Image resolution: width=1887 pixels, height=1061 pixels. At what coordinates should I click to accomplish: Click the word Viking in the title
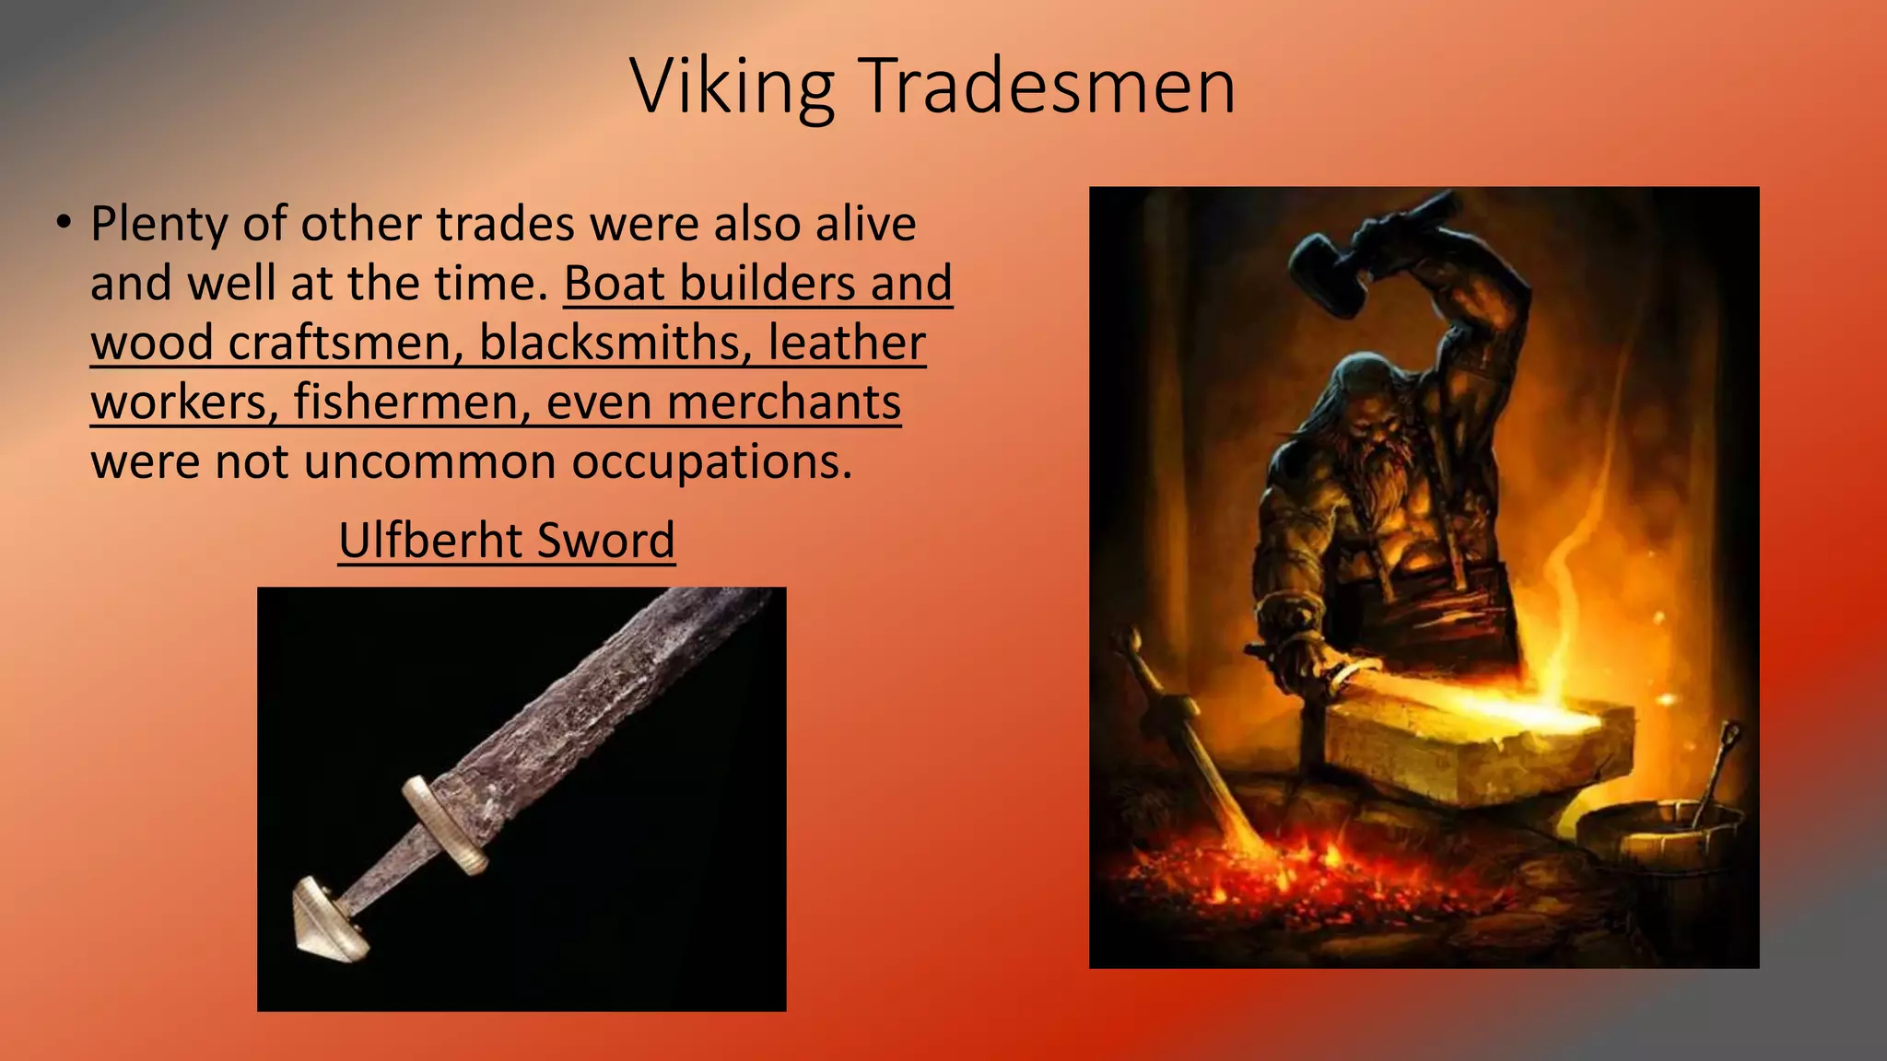pos(733,87)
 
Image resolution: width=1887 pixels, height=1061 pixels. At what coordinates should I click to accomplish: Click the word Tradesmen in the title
pos(1049,87)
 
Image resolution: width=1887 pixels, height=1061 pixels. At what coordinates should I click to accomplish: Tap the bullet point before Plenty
pos(63,223)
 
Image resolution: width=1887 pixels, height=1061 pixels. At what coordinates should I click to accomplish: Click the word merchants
pos(783,402)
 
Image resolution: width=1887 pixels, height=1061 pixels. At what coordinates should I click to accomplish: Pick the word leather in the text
pos(847,343)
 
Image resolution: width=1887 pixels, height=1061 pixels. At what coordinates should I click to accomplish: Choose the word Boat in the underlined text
pos(615,283)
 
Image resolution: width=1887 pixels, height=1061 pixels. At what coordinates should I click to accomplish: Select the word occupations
pos(711,461)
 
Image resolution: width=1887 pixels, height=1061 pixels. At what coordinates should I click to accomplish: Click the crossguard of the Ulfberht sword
pos(445,824)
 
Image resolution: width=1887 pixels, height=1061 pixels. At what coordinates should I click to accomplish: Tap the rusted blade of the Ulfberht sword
pos(599,700)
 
